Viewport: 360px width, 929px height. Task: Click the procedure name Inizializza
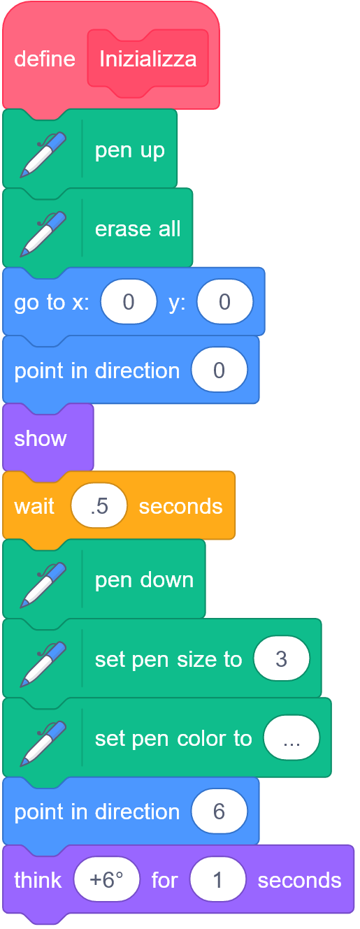(148, 59)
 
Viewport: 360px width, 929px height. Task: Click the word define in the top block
(45, 59)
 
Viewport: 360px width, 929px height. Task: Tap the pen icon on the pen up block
(43, 154)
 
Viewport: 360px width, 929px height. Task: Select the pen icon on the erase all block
(43, 233)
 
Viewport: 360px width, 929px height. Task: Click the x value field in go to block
(129, 301)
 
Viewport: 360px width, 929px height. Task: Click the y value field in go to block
(225, 301)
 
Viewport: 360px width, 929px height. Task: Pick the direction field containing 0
(219, 370)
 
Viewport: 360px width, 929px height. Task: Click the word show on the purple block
(41, 438)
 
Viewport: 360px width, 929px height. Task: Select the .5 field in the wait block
(99, 505)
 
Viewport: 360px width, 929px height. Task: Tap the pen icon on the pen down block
(43, 585)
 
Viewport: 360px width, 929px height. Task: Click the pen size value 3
(282, 658)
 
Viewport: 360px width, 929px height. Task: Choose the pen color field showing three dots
(291, 737)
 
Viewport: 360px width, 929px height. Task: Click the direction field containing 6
(219, 812)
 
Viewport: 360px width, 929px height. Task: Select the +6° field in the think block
(106, 879)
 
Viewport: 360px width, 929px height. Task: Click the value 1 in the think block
(217, 879)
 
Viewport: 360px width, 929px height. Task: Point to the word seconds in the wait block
(181, 506)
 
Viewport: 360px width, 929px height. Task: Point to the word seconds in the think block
(299, 880)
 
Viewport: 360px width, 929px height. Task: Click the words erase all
(138, 229)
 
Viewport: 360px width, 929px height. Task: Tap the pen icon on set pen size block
(43, 664)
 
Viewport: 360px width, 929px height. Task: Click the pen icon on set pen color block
(43, 743)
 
